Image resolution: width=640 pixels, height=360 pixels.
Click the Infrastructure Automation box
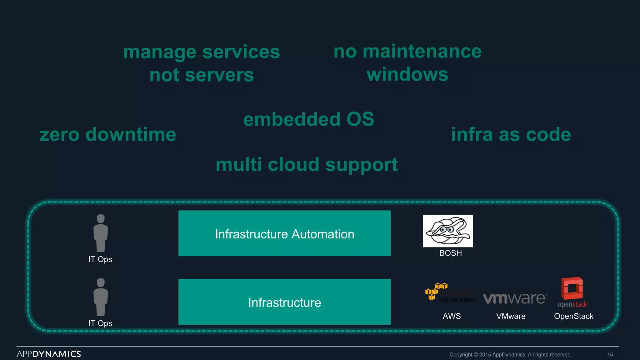pyautogui.click(x=284, y=233)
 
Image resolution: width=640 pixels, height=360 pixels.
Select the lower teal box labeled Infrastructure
pyautogui.click(x=284, y=302)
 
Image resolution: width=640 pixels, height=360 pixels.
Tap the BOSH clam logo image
pyautogui.click(x=448, y=231)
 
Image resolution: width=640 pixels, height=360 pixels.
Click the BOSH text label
pyautogui.click(x=450, y=253)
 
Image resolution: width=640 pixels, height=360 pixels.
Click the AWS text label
pyautogui.click(x=452, y=316)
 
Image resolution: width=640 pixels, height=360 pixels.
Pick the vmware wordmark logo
pyautogui.click(x=515, y=298)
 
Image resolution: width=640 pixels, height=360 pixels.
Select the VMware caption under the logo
pyautogui.click(x=511, y=316)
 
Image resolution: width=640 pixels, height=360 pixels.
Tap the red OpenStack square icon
pyautogui.click(x=572, y=288)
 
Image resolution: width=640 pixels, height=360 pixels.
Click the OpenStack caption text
pyautogui.click(x=573, y=316)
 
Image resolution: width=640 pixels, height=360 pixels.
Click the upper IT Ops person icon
pyautogui.click(x=101, y=233)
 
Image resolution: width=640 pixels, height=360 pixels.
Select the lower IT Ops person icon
pyautogui.click(x=101, y=297)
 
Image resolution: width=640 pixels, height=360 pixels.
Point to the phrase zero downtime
pyautogui.click(x=108, y=135)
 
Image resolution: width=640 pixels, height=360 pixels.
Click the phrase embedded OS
pyautogui.click(x=308, y=119)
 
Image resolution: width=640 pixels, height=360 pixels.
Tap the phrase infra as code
pyautogui.click(x=511, y=135)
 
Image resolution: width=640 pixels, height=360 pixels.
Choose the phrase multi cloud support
pyautogui.click(x=307, y=165)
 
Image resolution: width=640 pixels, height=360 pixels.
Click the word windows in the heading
pyautogui.click(x=407, y=75)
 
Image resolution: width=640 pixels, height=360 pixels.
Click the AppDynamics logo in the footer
pyautogui.click(x=49, y=354)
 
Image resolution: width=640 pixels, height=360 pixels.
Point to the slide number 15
pyautogui.click(x=610, y=355)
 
